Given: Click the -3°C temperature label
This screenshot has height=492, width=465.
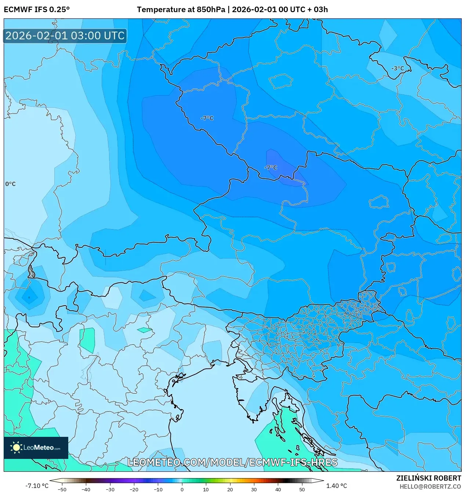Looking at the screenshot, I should (x=397, y=68).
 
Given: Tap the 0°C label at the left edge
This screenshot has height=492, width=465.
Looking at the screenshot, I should (x=10, y=184).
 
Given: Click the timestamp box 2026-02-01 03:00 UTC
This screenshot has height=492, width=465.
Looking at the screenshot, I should (x=65, y=36).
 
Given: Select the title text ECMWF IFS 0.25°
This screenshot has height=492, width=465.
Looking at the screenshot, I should (x=36, y=10).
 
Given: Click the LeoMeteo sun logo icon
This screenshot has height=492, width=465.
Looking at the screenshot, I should (x=16, y=448).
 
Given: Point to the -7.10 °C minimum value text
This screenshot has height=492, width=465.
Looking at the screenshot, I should (x=37, y=486).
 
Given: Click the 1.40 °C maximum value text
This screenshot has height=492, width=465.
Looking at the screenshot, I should (x=336, y=486).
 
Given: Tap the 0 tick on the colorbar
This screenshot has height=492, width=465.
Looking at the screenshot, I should (x=182, y=489).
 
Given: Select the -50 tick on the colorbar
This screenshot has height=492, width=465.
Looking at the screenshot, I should (x=62, y=489).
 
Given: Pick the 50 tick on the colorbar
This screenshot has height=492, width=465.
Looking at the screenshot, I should (x=302, y=489).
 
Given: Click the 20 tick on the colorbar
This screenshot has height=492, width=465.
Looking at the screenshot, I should (x=230, y=489).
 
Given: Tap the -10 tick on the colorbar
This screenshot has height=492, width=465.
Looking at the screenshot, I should (x=158, y=489).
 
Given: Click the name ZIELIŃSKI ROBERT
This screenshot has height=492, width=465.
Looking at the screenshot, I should (x=428, y=478).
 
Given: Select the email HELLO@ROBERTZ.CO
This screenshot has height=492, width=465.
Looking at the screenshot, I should (x=430, y=486).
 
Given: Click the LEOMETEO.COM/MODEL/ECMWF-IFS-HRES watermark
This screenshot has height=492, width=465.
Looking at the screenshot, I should (x=232, y=462).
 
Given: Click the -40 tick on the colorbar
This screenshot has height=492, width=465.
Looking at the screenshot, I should (x=86, y=489).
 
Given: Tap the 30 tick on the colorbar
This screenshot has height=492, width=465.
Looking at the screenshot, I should (x=254, y=489).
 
